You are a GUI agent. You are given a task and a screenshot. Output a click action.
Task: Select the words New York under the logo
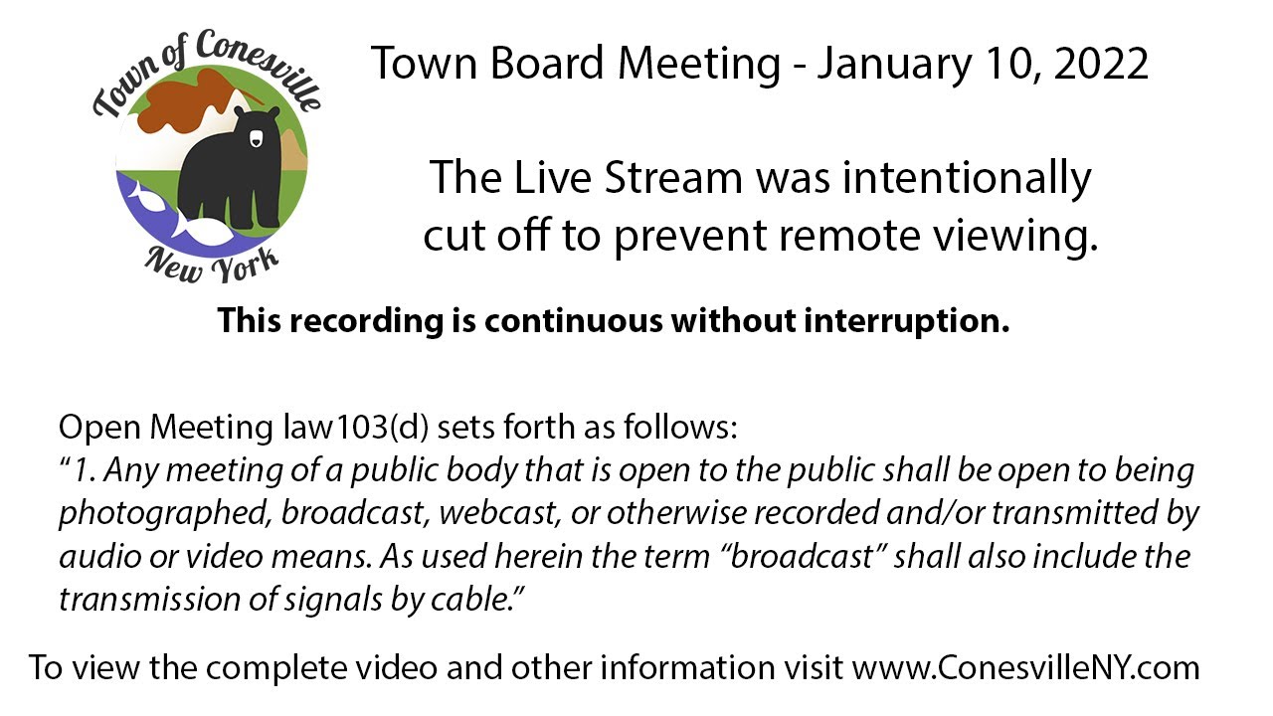212,262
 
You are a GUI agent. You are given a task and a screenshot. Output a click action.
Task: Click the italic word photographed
164,513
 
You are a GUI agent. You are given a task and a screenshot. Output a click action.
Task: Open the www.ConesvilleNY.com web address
1025,667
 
